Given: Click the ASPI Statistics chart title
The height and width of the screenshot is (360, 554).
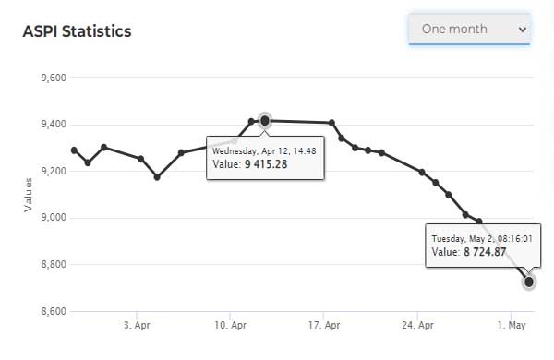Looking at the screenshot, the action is pyautogui.click(x=77, y=31).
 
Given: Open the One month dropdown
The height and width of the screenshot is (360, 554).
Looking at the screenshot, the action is pyautogui.click(x=469, y=29).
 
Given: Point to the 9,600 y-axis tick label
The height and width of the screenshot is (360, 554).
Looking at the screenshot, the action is pyautogui.click(x=54, y=78).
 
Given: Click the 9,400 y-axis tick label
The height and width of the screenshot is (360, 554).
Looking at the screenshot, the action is pyautogui.click(x=54, y=125).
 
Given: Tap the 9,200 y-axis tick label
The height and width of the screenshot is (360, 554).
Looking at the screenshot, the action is pyautogui.click(x=54, y=171).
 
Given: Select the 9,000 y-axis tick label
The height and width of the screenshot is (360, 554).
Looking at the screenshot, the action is pyautogui.click(x=54, y=218).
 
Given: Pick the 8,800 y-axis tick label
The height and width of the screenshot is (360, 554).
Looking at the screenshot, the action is pyautogui.click(x=54, y=264).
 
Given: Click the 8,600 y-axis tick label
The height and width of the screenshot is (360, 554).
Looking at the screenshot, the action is pyautogui.click(x=54, y=311).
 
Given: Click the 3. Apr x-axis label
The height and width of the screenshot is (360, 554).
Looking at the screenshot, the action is pyautogui.click(x=137, y=325).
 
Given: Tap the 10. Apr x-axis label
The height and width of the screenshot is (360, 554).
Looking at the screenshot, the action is pyautogui.click(x=230, y=325).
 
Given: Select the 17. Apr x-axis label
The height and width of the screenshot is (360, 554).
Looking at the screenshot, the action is pyautogui.click(x=324, y=325).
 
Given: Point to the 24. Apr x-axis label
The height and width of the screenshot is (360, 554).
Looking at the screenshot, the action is pyautogui.click(x=417, y=325).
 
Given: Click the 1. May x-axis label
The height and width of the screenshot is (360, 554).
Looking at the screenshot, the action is pyautogui.click(x=512, y=325).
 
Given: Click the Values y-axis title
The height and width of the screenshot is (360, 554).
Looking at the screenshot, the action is pyautogui.click(x=28, y=195).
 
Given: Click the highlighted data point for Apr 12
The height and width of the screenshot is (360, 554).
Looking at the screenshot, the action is pyautogui.click(x=265, y=121).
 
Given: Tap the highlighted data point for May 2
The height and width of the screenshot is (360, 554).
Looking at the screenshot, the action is pyautogui.click(x=528, y=282).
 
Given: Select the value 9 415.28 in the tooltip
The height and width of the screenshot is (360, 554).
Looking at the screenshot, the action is pyautogui.click(x=266, y=164).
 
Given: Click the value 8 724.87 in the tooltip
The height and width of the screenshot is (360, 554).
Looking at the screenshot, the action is pyautogui.click(x=485, y=252).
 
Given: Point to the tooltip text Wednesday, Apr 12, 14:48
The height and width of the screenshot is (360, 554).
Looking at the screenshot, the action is pyautogui.click(x=264, y=151).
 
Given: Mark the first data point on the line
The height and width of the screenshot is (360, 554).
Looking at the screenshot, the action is pyautogui.click(x=74, y=150).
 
